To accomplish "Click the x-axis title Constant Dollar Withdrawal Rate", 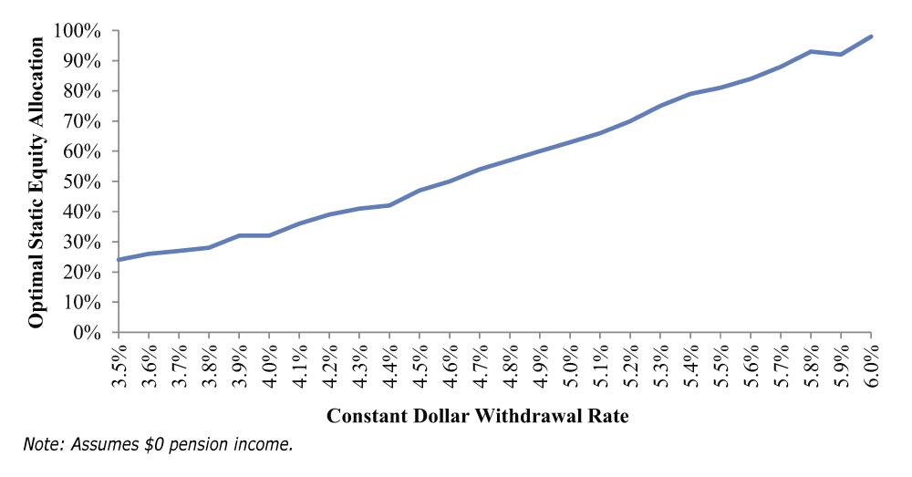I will pos(495,416).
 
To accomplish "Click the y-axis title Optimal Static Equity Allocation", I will pos(36,181).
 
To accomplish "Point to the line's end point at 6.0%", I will pos(872,36).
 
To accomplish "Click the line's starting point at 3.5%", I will pos(119,260).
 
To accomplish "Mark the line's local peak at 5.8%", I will pos(811,51).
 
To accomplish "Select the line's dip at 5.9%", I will pos(841,55).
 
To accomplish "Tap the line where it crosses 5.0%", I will pos(570,142).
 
